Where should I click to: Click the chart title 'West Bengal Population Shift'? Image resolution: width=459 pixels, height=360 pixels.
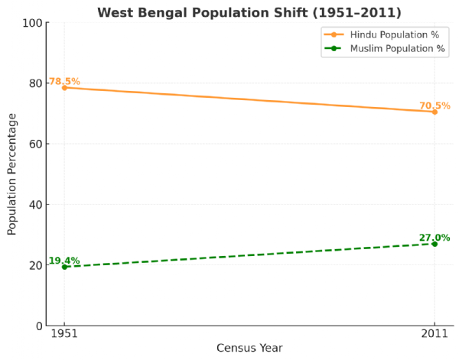pyautogui.click(x=249, y=12)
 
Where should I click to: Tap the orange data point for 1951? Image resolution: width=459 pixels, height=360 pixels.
pyautogui.click(x=64, y=88)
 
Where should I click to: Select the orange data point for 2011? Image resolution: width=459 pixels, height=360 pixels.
pyautogui.click(x=435, y=112)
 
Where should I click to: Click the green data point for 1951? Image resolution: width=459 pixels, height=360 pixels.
pyautogui.click(x=64, y=267)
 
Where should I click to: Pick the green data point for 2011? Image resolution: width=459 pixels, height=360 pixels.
pyautogui.click(x=435, y=244)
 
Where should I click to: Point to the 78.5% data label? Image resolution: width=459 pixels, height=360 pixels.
pyautogui.click(x=64, y=82)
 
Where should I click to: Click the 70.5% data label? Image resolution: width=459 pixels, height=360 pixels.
pyautogui.click(x=435, y=106)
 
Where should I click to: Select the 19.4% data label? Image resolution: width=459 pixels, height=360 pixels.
pyautogui.click(x=64, y=261)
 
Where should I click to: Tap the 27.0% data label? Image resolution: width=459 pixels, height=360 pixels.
pyautogui.click(x=435, y=238)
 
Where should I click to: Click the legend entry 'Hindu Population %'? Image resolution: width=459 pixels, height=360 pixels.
pyautogui.click(x=397, y=35)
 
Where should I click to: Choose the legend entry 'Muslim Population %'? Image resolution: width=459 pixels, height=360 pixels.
pyautogui.click(x=397, y=48)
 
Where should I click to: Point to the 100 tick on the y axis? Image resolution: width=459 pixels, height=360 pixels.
pyautogui.click(x=31, y=23)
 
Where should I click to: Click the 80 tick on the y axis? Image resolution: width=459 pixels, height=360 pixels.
pyautogui.click(x=34, y=83)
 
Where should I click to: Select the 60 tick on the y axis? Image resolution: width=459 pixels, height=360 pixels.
pyautogui.click(x=34, y=144)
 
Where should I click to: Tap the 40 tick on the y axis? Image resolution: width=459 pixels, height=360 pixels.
pyautogui.click(x=34, y=205)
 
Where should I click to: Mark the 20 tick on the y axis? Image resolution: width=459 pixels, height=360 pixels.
pyautogui.click(x=34, y=265)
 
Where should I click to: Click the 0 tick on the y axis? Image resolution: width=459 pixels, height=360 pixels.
pyautogui.click(x=37, y=326)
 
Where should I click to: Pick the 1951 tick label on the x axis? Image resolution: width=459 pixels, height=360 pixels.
pyautogui.click(x=64, y=335)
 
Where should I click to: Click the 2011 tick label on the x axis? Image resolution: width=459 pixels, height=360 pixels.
pyautogui.click(x=435, y=335)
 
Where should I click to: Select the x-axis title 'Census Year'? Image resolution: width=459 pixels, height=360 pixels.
pyautogui.click(x=249, y=349)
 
